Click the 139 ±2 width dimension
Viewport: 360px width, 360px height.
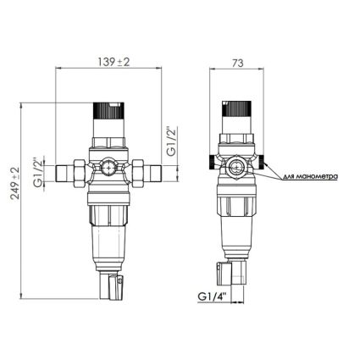[x=114, y=62]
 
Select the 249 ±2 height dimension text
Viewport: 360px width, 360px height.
[x=15, y=183]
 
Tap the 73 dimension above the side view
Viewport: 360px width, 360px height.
[x=237, y=63]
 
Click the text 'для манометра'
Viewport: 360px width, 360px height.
[x=309, y=177]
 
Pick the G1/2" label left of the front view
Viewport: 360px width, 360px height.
[x=39, y=172]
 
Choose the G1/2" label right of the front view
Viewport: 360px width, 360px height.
[x=172, y=141]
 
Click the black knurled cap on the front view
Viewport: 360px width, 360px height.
[x=108, y=110]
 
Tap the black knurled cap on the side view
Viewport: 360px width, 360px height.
[x=236, y=108]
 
